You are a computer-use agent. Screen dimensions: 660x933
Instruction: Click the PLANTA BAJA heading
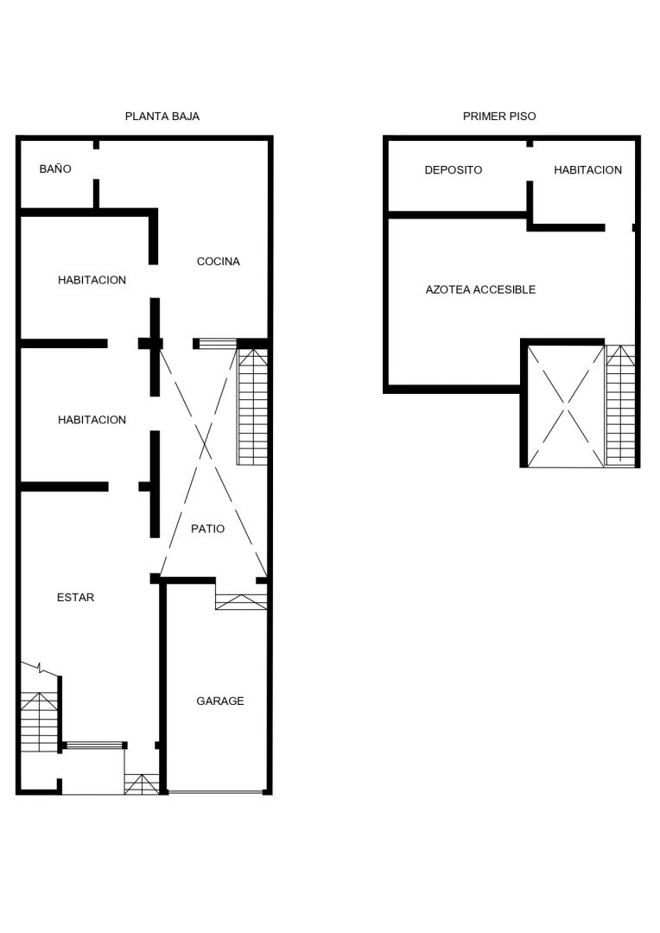(162, 117)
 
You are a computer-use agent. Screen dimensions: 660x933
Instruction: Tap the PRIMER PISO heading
(499, 117)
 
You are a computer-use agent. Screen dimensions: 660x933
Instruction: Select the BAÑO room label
(55, 169)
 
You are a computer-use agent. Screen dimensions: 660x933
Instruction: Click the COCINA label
(219, 261)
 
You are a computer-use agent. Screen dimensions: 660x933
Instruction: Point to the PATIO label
(207, 529)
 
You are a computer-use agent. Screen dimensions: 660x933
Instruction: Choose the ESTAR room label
(75, 598)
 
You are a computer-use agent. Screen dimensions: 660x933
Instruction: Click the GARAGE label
(220, 701)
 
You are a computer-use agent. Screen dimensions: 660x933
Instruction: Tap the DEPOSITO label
(454, 170)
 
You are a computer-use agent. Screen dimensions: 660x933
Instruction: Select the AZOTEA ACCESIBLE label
(480, 289)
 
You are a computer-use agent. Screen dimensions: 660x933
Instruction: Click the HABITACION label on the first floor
(588, 170)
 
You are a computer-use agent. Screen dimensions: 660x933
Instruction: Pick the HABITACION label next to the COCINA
(92, 280)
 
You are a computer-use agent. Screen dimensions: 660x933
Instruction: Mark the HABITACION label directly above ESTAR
(92, 420)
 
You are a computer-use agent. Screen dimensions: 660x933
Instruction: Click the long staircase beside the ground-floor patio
(252, 407)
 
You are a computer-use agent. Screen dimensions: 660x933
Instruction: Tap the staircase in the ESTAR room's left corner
(40, 721)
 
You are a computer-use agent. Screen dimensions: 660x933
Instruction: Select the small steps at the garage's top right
(241, 601)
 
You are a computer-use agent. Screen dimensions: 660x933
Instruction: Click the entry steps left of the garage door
(142, 784)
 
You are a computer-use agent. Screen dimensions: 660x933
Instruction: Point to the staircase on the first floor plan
(621, 405)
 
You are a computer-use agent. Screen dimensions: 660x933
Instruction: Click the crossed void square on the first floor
(566, 406)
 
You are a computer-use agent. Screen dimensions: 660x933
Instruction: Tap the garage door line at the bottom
(215, 792)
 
